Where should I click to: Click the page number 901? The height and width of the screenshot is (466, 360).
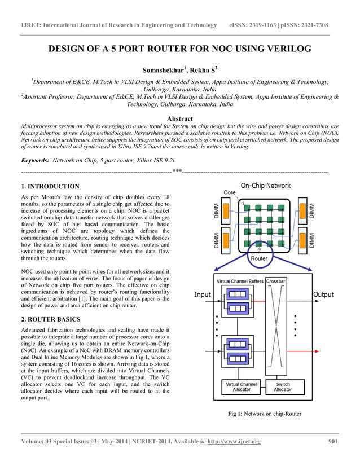pyautogui.click(x=332, y=441)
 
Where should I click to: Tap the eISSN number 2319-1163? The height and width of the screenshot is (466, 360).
pyautogui.click(x=267, y=25)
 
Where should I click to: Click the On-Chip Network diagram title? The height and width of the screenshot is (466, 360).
pyautogui.click(x=265, y=185)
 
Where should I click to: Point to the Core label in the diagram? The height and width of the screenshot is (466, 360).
pyautogui.click(x=230, y=192)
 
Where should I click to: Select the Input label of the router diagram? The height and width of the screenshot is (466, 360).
pyautogui.click(x=203, y=294)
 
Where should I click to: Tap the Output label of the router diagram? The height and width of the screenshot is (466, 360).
pyautogui.click(x=323, y=294)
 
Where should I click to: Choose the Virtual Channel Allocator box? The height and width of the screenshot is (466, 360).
pyautogui.click(x=241, y=386)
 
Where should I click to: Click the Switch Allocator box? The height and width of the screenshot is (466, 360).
pyautogui.click(x=283, y=386)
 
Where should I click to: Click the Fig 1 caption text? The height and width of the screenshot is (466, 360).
pyautogui.click(x=264, y=414)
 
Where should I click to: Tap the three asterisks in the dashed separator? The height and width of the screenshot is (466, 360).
pyautogui.click(x=177, y=170)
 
